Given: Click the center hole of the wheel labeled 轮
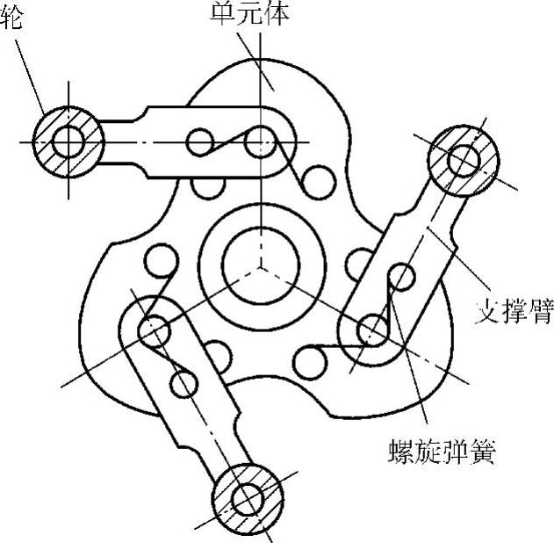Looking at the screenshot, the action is click(68, 140).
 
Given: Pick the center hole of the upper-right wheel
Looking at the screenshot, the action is click(462, 159).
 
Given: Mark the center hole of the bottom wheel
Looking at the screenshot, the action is click(248, 497).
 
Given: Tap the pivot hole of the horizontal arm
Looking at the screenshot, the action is click(261, 140).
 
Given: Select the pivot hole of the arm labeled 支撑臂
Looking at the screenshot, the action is click(370, 330).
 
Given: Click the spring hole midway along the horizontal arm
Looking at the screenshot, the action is click(201, 141).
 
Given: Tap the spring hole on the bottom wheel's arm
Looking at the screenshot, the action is click(183, 382).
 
